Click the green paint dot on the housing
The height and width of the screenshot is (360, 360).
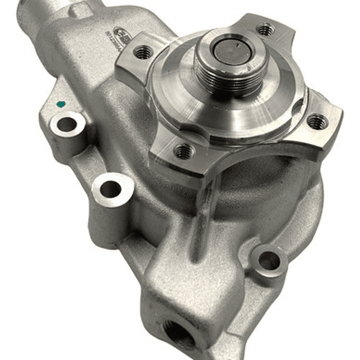(61, 105)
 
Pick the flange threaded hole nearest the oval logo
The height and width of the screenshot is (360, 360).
(144, 52)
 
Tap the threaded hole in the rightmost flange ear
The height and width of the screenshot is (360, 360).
(317, 121)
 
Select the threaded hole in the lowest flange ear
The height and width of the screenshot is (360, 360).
(184, 150)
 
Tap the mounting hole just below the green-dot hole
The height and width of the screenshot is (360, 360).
(111, 189)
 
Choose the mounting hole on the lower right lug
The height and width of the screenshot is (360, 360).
(269, 260)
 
